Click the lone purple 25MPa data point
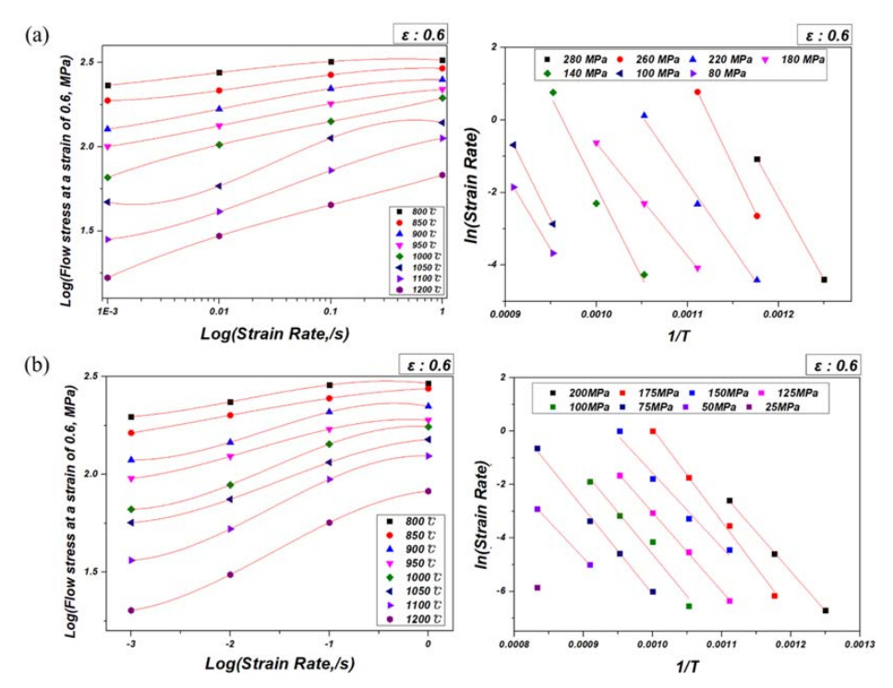[537, 587]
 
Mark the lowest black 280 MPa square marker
[824, 280]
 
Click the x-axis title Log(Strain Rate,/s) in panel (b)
[278, 664]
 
